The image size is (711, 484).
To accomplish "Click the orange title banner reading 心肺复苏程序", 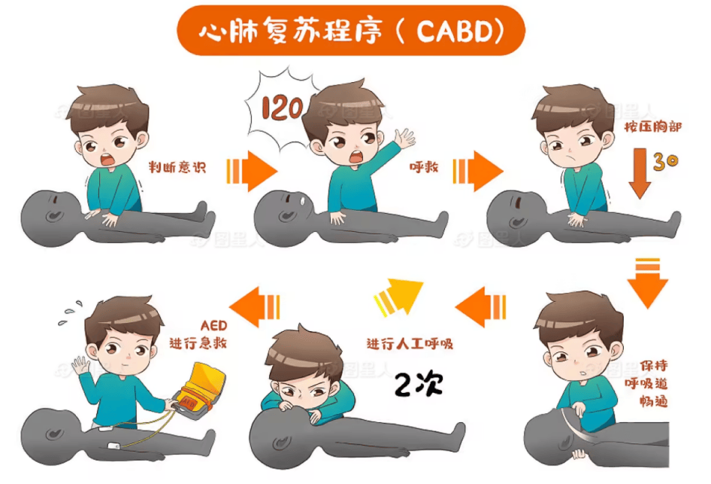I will [x=350, y=32].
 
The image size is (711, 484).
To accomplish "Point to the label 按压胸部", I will [x=652, y=128].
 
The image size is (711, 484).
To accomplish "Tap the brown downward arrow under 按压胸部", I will [x=640, y=172].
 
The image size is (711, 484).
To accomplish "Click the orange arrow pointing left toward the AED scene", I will [x=253, y=305].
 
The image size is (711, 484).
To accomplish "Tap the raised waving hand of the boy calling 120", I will [x=404, y=139].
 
